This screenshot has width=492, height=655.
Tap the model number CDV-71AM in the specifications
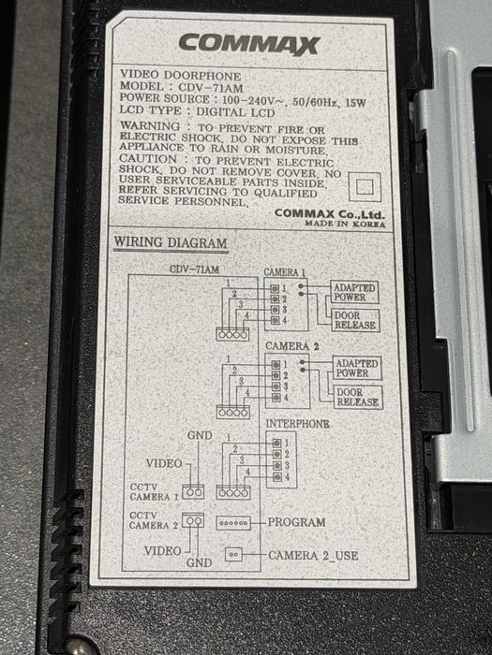(x=211, y=88)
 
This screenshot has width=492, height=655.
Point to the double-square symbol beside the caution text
(x=365, y=187)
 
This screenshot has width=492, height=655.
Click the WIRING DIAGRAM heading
(x=171, y=242)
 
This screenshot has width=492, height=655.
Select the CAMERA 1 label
(x=285, y=272)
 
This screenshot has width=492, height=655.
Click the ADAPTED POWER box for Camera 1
(x=355, y=292)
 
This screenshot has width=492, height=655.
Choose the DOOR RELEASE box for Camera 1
(x=355, y=320)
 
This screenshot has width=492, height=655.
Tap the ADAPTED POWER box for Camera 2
(x=357, y=368)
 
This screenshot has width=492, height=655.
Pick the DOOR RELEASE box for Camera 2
(x=358, y=398)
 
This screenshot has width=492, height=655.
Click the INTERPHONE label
(x=297, y=424)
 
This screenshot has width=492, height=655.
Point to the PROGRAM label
(x=297, y=522)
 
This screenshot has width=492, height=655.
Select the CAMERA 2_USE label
(x=313, y=556)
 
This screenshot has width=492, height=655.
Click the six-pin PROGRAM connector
(x=233, y=523)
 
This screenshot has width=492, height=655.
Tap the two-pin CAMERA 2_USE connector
(x=234, y=555)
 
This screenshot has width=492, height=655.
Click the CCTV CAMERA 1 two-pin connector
(x=193, y=492)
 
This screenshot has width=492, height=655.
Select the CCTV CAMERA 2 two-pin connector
(x=193, y=520)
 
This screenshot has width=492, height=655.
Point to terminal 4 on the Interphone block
(x=277, y=477)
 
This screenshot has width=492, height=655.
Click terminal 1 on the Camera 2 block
(x=276, y=365)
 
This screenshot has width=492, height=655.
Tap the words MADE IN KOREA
(x=345, y=224)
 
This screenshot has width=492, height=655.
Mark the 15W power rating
(x=356, y=103)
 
